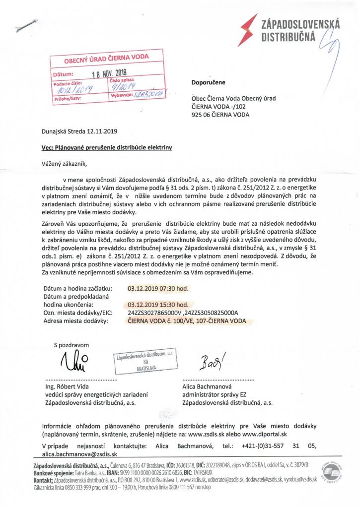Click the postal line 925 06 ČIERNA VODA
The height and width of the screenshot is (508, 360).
click(x=220, y=115)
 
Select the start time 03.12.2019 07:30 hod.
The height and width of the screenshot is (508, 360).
click(x=158, y=288)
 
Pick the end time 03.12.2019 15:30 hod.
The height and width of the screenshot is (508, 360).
click(x=158, y=305)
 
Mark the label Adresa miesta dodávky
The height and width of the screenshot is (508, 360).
click(x=76, y=321)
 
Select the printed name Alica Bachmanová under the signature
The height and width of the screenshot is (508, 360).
click(x=209, y=386)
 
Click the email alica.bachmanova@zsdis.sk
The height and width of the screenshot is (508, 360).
click(x=80, y=454)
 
